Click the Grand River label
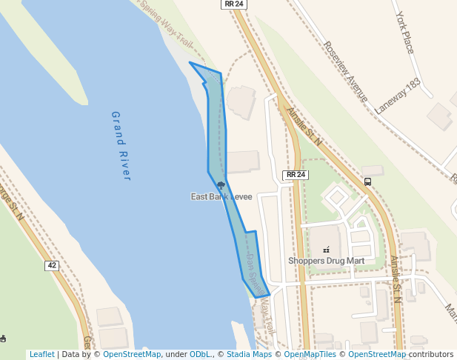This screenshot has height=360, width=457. click(121, 146)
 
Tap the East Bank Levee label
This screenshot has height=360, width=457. click(221, 196)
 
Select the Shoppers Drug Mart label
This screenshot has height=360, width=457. click(326, 261)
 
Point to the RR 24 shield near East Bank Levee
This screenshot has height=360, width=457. click(295, 175)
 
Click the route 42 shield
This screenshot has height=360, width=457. click(51, 265)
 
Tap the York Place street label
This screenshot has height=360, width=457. click(405, 33)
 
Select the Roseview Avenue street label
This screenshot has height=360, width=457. click(345, 71)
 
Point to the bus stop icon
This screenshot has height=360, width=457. click(368, 181)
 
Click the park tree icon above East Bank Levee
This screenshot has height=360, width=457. click(221, 185)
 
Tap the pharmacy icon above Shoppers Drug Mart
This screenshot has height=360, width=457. click(326, 250)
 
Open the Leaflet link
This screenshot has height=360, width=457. click(41, 354)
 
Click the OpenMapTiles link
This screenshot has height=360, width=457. click(310, 354)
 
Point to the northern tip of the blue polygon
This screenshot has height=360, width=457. click(190, 63)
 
